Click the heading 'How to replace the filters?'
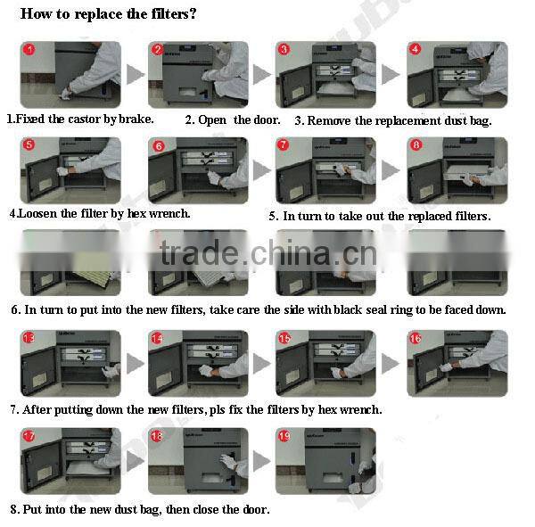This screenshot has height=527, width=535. click(x=108, y=15)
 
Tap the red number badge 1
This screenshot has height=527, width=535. click(x=29, y=50)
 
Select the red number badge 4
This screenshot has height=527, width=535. click(x=416, y=49)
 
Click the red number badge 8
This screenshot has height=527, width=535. click(x=416, y=144)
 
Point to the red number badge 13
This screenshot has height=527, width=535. click(x=29, y=338)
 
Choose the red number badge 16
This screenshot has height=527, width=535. click(x=416, y=338)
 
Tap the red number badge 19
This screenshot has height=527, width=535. click(x=284, y=435)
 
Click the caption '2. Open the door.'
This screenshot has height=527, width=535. click(x=233, y=119)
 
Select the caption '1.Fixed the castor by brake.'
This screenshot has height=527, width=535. click(x=80, y=119)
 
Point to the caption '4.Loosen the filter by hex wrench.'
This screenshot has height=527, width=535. click(x=99, y=214)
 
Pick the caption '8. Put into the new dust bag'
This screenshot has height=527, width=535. click(x=139, y=509)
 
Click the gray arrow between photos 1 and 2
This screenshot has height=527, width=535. click(x=135, y=75)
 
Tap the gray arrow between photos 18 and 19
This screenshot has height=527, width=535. click(x=261, y=461)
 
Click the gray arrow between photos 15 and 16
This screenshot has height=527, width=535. click(x=391, y=364)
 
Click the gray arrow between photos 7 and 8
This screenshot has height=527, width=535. click(x=391, y=170)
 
